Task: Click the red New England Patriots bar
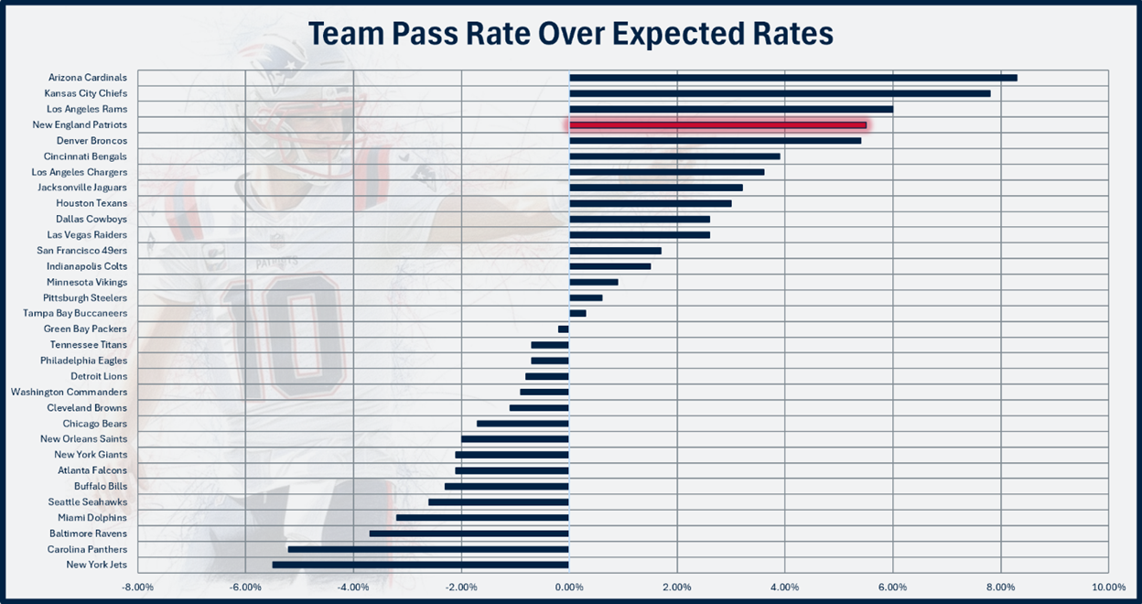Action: [717, 124]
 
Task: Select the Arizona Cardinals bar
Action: [792, 78]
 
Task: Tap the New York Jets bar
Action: [420, 565]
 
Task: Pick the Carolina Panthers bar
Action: [428, 549]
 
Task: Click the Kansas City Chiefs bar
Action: [780, 93]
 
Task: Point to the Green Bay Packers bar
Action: [564, 329]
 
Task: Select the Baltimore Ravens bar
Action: [469, 534]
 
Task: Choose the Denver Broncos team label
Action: [92, 141]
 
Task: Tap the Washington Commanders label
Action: [70, 392]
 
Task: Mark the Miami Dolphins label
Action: [92, 518]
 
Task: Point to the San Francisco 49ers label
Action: [82, 251]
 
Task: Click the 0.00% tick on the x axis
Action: [569, 587]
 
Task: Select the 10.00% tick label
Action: [1108, 587]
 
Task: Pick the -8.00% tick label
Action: [137, 587]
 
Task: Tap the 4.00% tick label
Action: [784, 587]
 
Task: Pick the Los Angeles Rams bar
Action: [731, 109]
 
